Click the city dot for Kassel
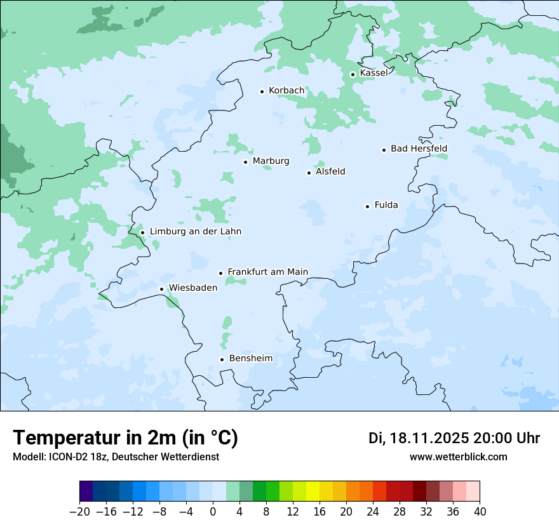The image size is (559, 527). (x=353, y=74)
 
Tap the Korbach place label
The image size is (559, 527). (x=286, y=91)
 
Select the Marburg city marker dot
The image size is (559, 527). (x=246, y=162)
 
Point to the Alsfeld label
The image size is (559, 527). (x=330, y=171)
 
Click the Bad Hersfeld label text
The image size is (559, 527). (x=419, y=149)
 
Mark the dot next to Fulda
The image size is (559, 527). (x=368, y=206)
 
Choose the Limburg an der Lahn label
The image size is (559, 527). (x=195, y=232)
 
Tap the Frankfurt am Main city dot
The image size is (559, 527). (x=221, y=273)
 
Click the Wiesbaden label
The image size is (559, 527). (x=192, y=288)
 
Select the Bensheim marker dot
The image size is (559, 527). (x=222, y=359)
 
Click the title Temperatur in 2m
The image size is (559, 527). (x=125, y=438)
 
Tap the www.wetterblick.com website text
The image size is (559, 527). (x=458, y=457)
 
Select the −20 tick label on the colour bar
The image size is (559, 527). (x=79, y=511)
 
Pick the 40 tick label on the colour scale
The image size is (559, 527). (x=480, y=511)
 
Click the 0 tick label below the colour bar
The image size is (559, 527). (x=213, y=511)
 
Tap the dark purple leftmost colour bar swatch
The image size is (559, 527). (x=86, y=491)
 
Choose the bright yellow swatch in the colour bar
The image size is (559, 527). (x=313, y=491)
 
